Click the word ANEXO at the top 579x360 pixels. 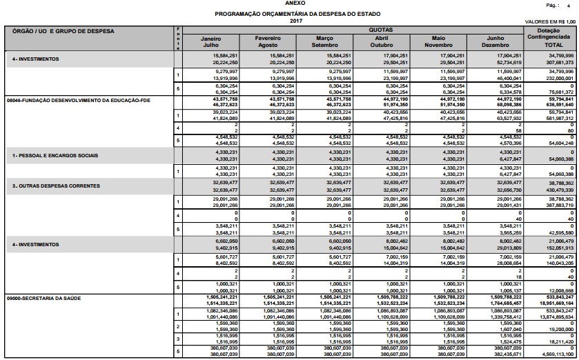[x=289, y=3]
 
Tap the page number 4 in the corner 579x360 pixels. [x=571, y=5]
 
